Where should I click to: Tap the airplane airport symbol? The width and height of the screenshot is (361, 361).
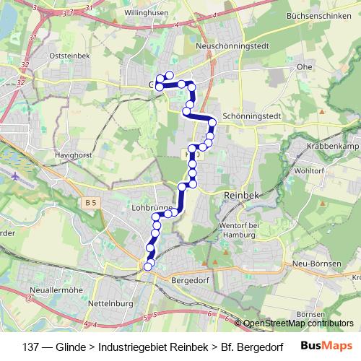point(16,175)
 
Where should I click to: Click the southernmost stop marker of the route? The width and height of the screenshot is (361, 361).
point(148,267)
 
